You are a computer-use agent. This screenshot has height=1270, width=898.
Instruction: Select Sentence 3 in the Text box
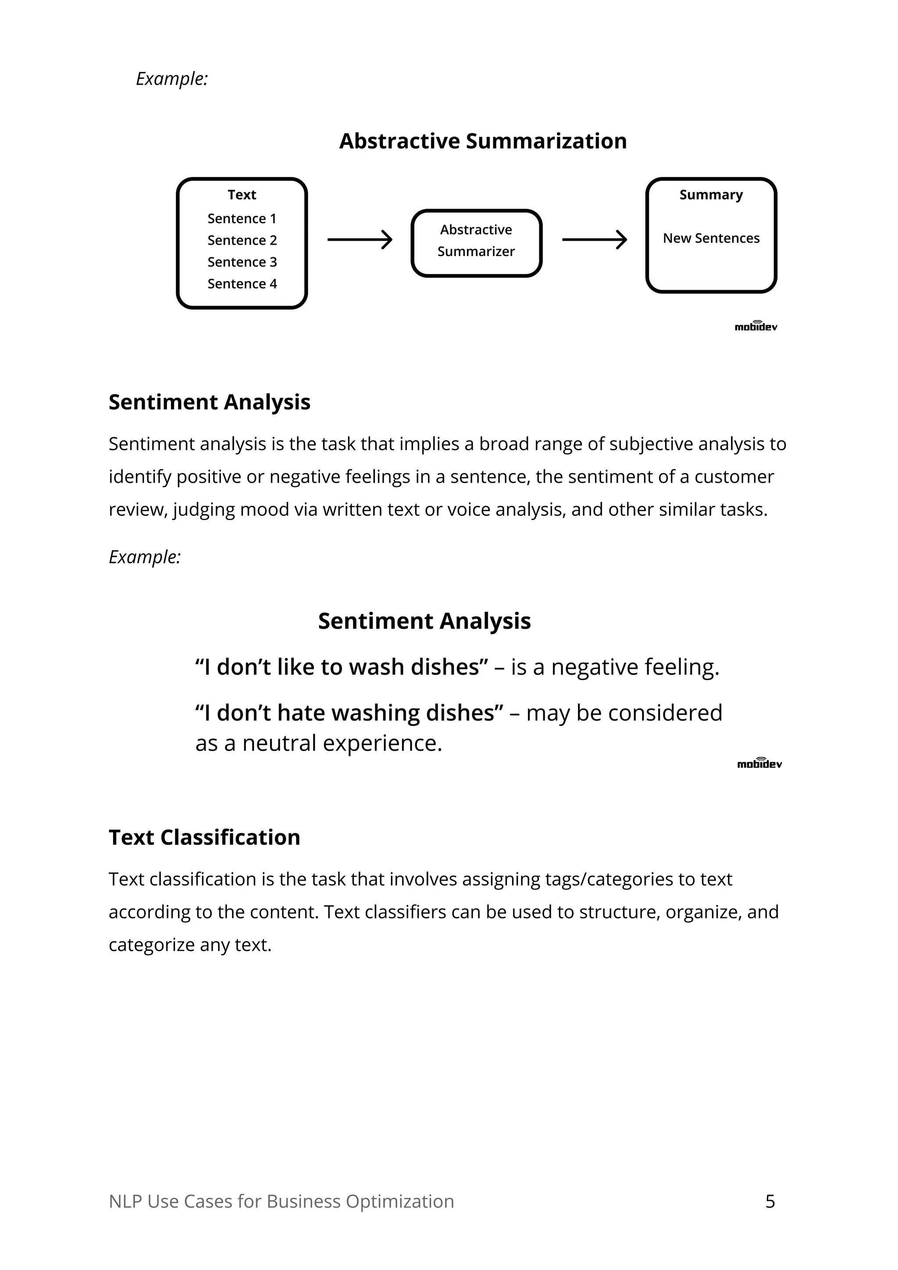[x=242, y=262]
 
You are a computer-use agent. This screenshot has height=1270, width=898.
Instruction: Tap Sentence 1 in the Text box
[x=242, y=218]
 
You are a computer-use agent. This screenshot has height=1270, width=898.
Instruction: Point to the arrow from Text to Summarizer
[x=360, y=239]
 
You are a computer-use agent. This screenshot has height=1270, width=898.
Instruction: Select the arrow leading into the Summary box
[x=594, y=239]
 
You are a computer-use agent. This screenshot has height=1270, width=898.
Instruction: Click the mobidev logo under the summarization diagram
[x=756, y=326]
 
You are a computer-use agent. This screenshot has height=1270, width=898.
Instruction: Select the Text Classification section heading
[x=204, y=837]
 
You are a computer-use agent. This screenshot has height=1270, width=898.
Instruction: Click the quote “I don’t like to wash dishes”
[x=342, y=667]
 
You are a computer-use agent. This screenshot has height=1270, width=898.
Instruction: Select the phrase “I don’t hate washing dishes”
[x=349, y=713]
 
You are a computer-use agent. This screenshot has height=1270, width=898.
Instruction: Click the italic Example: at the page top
[x=171, y=78]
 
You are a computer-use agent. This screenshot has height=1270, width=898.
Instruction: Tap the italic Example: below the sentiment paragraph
[x=144, y=556]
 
